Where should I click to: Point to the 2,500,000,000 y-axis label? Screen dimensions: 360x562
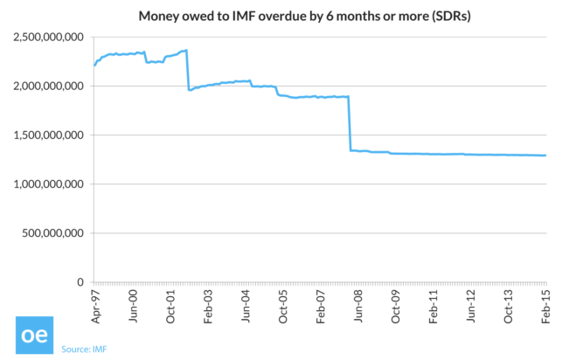[x=48, y=38]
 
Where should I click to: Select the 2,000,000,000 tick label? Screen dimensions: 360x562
[x=48, y=87]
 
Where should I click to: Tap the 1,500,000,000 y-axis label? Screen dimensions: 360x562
[x=48, y=135]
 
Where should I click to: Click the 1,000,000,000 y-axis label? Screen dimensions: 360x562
[x=48, y=184]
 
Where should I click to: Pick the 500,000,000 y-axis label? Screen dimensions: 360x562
[x=54, y=233]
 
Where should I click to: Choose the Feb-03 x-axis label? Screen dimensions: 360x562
[x=208, y=305]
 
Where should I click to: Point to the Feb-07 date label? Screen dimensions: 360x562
[x=321, y=305]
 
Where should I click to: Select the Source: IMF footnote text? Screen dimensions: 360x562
[x=86, y=350]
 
